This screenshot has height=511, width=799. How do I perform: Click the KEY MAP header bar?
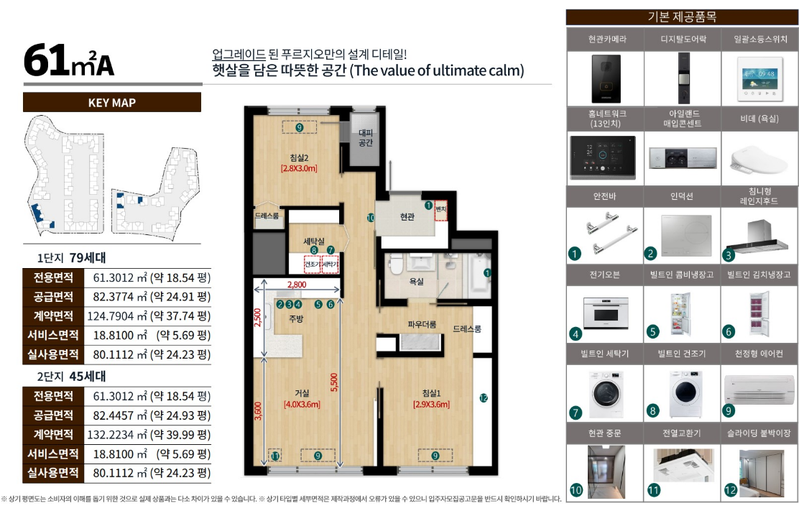coord(112,102)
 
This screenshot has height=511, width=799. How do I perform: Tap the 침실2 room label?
coord(299,158)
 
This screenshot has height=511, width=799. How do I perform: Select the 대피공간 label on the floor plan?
coord(365,137)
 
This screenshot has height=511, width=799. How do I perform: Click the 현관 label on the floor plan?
coord(407,217)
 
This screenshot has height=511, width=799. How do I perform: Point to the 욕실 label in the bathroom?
coord(416,281)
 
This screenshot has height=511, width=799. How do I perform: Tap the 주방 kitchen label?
coord(296,319)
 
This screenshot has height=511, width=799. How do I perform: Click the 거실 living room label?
coord(302,393)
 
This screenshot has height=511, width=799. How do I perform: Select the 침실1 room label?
coord(431,393)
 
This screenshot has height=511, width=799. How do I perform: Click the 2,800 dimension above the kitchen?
coord(297,285)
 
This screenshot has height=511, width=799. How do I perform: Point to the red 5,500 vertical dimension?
coord(334,382)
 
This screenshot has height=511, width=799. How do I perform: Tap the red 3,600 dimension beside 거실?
coord(258,411)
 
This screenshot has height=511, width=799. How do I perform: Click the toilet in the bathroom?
coord(396,264)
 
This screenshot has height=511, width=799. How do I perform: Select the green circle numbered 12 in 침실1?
coord(484,398)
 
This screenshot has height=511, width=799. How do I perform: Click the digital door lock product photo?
coord(683,78)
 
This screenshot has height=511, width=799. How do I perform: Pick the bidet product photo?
coord(759,159)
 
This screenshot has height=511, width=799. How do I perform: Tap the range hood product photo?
coord(759,236)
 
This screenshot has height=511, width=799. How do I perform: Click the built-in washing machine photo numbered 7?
coord(606,394)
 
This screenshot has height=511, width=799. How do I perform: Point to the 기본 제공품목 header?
coord(682,17)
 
